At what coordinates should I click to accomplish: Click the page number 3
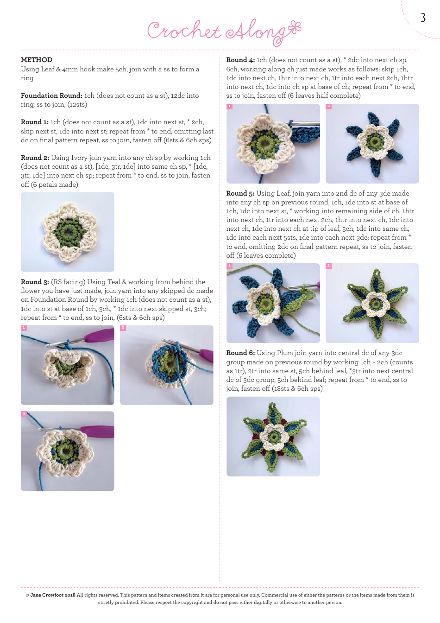(x=422, y=18)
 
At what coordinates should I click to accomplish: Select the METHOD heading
(x=37, y=60)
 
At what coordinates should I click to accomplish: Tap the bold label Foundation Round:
(x=51, y=95)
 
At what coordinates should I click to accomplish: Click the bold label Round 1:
(x=35, y=122)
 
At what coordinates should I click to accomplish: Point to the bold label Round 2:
(x=35, y=158)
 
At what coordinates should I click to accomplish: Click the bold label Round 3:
(x=35, y=282)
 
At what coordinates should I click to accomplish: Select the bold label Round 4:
(x=240, y=60)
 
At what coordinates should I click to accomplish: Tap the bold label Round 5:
(x=240, y=193)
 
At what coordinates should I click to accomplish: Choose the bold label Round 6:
(x=240, y=353)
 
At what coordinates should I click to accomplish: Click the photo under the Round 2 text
(x=68, y=232)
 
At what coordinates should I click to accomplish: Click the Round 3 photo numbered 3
(x=68, y=451)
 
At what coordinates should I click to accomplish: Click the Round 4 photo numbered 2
(x=372, y=144)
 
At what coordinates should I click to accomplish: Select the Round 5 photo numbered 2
(x=372, y=303)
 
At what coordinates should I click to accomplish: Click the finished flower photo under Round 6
(x=273, y=437)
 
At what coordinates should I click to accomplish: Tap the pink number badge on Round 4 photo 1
(x=229, y=107)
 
